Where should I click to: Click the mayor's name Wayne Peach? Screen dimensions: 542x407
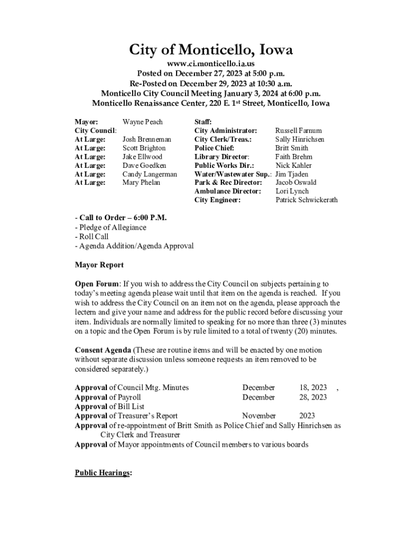click(143, 122)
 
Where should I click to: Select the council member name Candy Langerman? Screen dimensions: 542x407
click(150, 174)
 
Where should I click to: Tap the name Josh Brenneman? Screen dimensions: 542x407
click(147, 139)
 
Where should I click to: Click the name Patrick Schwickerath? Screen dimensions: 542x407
click(307, 200)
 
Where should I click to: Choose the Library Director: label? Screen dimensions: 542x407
click(221, 157)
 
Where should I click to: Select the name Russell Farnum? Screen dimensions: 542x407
click(298, 130)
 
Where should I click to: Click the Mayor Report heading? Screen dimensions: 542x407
click(99, 265)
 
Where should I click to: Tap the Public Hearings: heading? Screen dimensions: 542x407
click(103, 473)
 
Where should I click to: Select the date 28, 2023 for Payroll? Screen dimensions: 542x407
click(313, 397)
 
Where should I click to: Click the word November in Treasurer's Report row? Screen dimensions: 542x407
click(259, 416)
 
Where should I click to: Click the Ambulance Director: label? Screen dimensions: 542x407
click(228, 191)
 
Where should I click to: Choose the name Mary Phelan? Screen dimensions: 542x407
click(142, 183)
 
